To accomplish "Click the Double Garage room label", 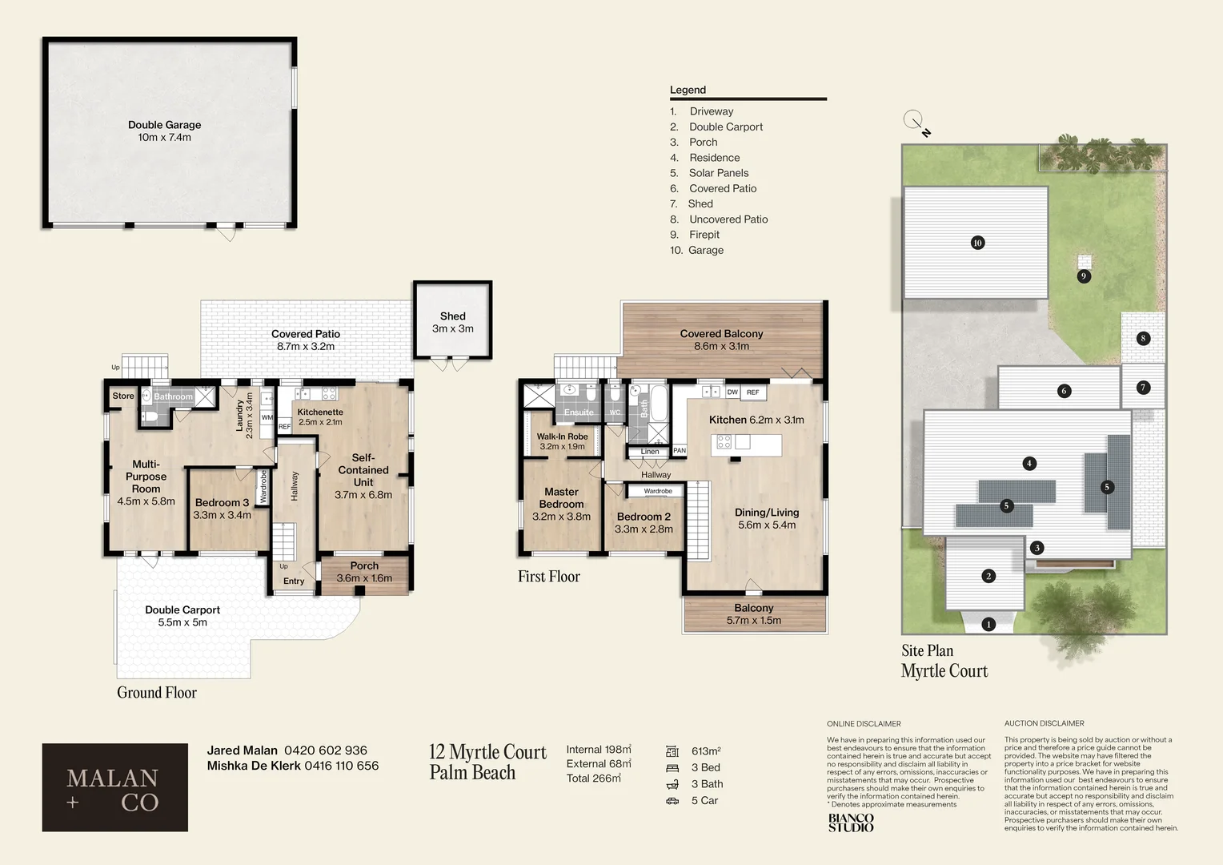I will point(164,131).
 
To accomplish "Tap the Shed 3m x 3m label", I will point(452,322).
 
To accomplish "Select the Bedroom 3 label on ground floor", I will point(222,509).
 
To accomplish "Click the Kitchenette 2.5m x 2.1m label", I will point(319,416).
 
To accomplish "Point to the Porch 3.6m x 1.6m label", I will point(364,572).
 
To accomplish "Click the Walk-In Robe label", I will point(562,441).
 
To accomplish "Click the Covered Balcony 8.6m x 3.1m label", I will point(721,340).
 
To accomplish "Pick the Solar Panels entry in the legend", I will point(718,173).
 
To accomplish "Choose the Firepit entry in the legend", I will point(704,235).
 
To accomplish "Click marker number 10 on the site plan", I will point(977,243).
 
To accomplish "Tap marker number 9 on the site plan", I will point(1083,276).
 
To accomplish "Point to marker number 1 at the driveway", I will point(988,624).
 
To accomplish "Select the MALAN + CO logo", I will point(114,787).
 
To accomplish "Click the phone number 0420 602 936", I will point(326,750).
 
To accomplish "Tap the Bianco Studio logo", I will point(850,823).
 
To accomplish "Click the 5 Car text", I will point(704,800).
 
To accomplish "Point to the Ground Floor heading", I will point(157,693).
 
